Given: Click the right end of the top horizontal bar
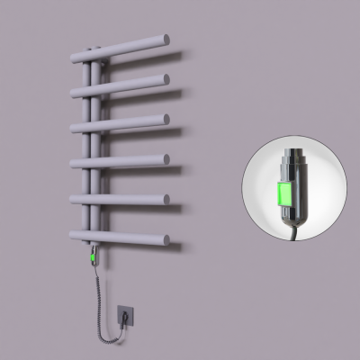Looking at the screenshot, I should pos(166,40).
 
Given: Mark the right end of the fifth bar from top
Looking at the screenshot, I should pos(166,198).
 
